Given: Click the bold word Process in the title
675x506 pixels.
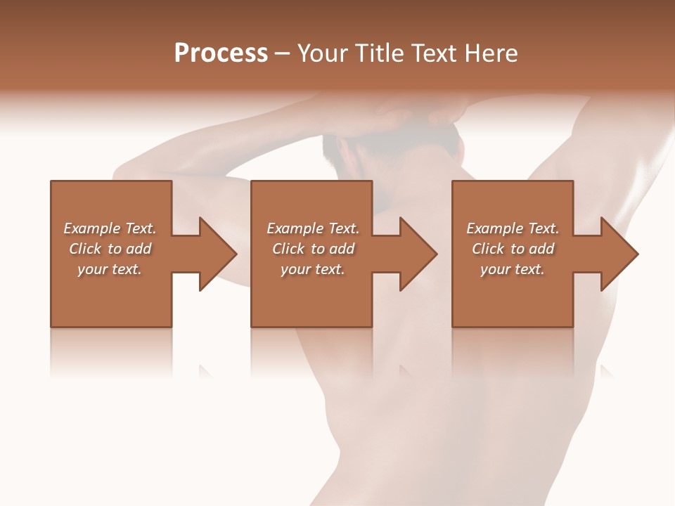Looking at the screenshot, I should [x=221, y=53].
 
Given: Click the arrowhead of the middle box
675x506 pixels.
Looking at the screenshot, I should [x=418, y=254].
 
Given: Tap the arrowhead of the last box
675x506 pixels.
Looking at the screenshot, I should [x=619, y=254].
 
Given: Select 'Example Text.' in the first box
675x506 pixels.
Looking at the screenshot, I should [x=110, y=228].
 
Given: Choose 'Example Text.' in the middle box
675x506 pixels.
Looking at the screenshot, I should [x=313, y=228].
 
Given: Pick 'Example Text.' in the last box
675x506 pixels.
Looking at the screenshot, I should [x=513, y=228].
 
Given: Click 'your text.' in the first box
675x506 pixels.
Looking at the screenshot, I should [x=110, y=269].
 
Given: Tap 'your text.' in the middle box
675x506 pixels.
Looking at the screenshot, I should [x=313, y=269].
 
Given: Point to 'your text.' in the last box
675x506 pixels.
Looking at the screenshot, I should [x=513, y=269].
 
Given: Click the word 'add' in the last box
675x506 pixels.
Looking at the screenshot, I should [x=541, y=249].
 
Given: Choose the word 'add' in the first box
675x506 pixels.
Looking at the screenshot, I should [x=139, y=249].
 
